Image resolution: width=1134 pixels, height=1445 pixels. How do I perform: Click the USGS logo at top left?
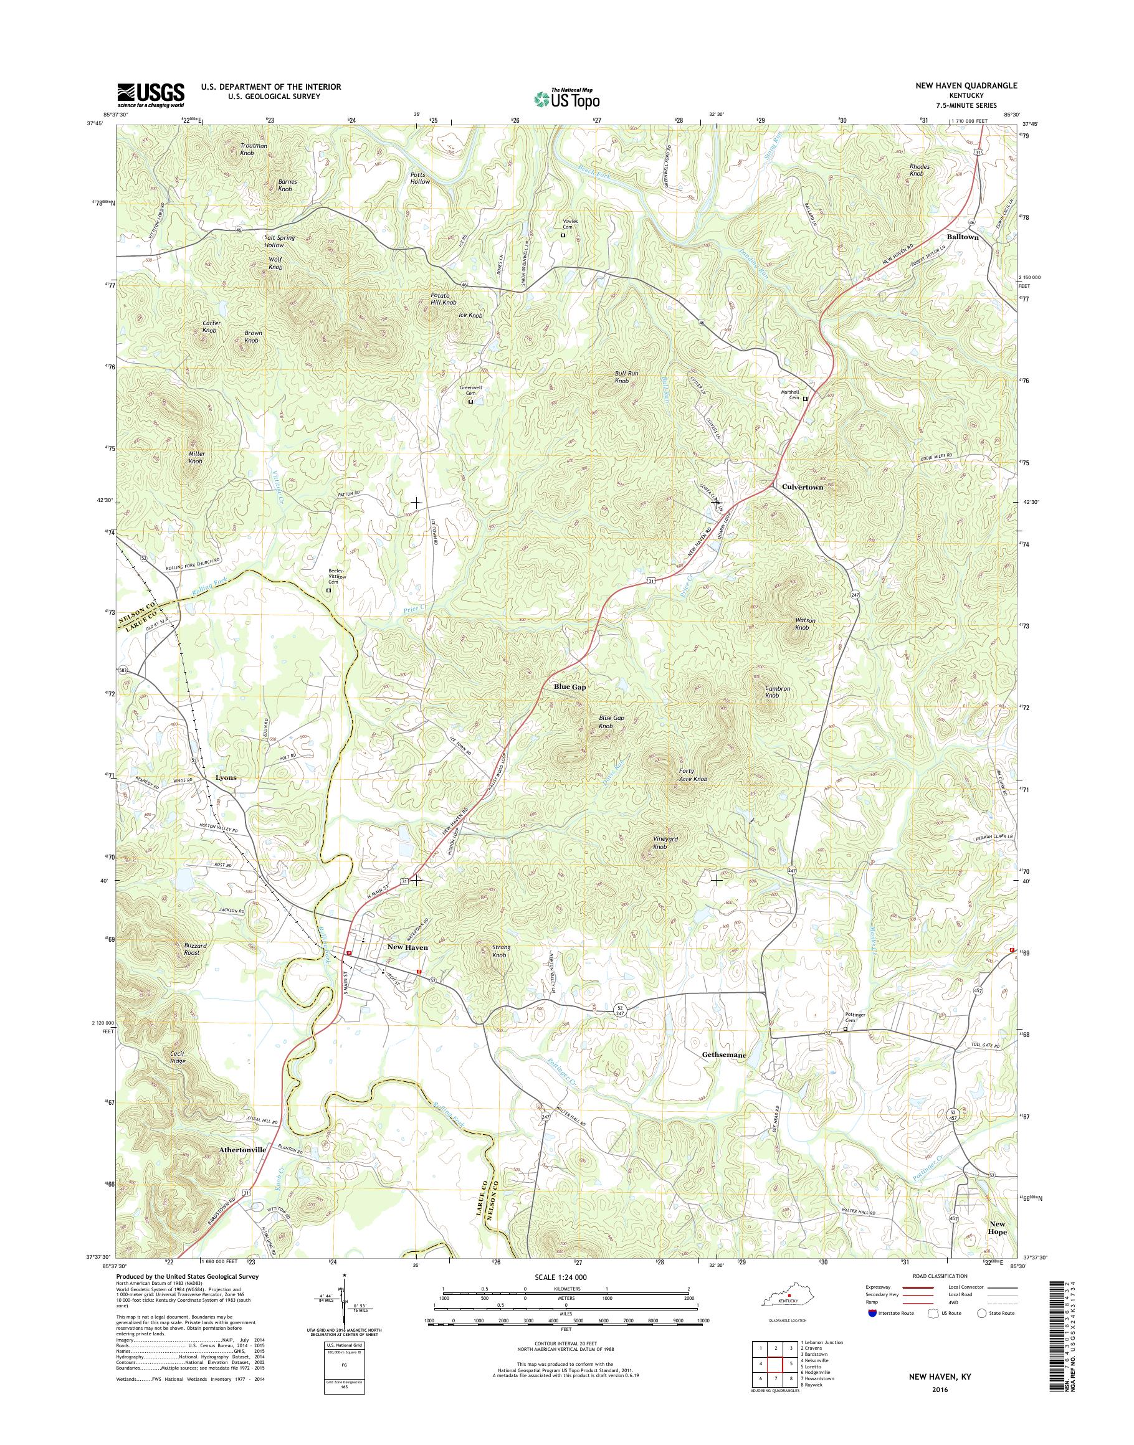pyautogui.click(x=151, y=95)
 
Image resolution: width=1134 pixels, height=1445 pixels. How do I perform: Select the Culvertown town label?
pyautogui.click(x=802, y=486)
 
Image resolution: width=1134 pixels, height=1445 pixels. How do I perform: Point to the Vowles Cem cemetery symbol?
pyautogui.click(x=563, y=235)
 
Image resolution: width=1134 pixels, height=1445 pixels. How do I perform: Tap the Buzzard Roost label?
pyautogui.click(x=196, y=949)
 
